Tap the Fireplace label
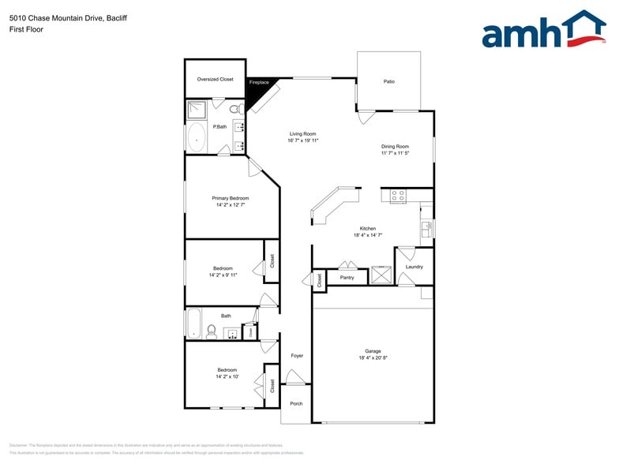(x=259, y=82)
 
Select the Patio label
(x=388, y=81)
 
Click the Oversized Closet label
(x=215, y=79)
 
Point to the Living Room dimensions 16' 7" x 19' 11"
(x=302, y=140)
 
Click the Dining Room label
(x=395, y=146)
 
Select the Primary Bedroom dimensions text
(x=231, y=204)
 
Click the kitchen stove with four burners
(x=398, y=194)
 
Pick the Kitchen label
(x=368, y=228)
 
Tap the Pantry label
(x=347, y=277)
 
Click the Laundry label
(x=415, y=267)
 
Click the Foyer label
(x=297, y=355)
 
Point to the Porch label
(x=296, y=403)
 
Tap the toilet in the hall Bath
(x=211, y=331)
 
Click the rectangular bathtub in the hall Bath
(x=194, y=324)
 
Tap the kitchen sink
(x=428, y=229)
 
